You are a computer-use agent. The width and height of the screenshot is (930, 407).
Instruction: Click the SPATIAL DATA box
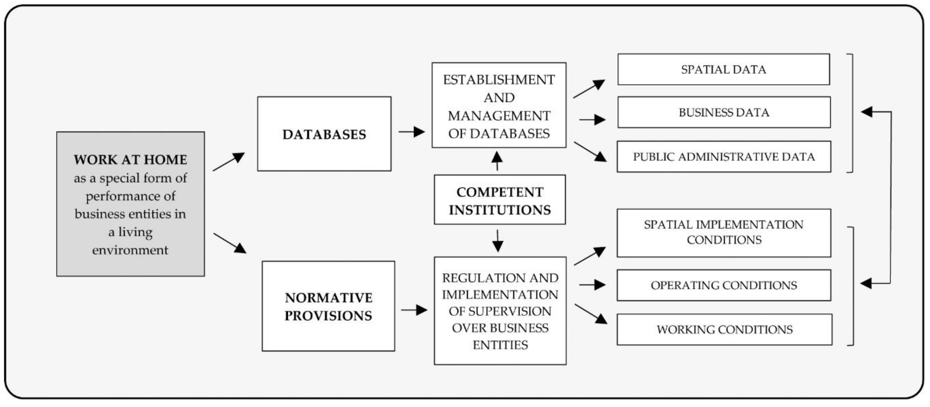click(723, 69)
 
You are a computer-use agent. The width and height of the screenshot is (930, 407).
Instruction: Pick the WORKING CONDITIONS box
click(724, 329)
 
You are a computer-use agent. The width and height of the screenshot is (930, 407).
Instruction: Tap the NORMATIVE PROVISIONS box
click(328, 306)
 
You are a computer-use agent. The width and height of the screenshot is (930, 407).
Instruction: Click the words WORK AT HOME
click(130, 160)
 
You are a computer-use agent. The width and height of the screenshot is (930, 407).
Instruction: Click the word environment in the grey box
click(130, 250)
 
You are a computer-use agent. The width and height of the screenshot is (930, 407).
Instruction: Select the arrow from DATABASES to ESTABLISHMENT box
click(411, 132)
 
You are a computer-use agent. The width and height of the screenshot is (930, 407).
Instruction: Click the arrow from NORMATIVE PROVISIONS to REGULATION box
click(414, 310)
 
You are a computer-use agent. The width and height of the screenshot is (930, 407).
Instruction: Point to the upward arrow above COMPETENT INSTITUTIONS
click(497, 161)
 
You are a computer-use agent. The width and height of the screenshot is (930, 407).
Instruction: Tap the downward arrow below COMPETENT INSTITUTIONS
click(498, 241)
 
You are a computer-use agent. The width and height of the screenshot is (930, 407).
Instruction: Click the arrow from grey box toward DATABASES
click(229, 162)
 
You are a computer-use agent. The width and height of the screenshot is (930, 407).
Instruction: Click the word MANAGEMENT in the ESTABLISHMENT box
click(499, 116)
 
